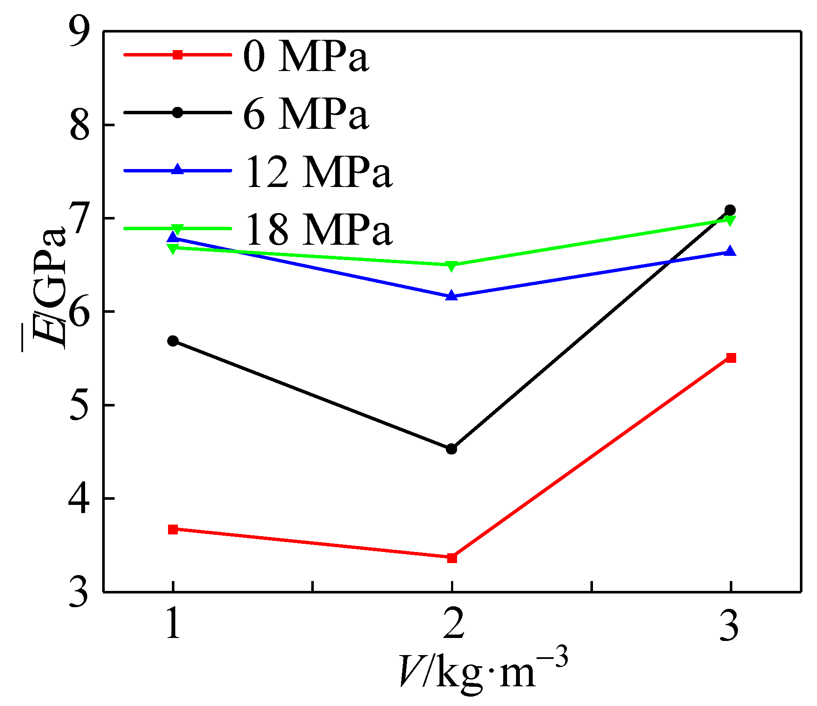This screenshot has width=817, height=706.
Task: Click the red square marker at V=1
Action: pyautogui.click(x=173, y=530)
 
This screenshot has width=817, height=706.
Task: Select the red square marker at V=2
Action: pyautogui.click(x=452, y=558)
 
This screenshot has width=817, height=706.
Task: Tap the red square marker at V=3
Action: pyautogui.click(x=731, y=358)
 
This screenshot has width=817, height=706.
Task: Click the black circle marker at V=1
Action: pyautogui.click(x=173, y=341)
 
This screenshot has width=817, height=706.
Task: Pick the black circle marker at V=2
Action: pyautogui.click(x=451, y=449)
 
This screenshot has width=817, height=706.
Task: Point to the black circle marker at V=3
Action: pyautogui.click(x=730, y=210)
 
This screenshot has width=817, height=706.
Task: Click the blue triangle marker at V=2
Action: pyautogui.click(x=452, y=296)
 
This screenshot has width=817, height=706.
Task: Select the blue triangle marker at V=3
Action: pyautogui.click(x=731, y=251)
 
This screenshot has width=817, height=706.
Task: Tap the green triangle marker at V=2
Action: pyautogui.click(x=452, y=266)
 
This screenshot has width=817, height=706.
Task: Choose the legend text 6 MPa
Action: pyautogui.click(x=305, y=114)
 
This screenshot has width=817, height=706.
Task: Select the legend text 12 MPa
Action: pyautogui.click(x=319, y=172)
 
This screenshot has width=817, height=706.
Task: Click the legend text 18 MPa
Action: pyautogui.click(x=319, y=230)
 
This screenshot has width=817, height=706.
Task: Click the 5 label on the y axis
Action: pyautogui.click(x=80, y=405)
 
